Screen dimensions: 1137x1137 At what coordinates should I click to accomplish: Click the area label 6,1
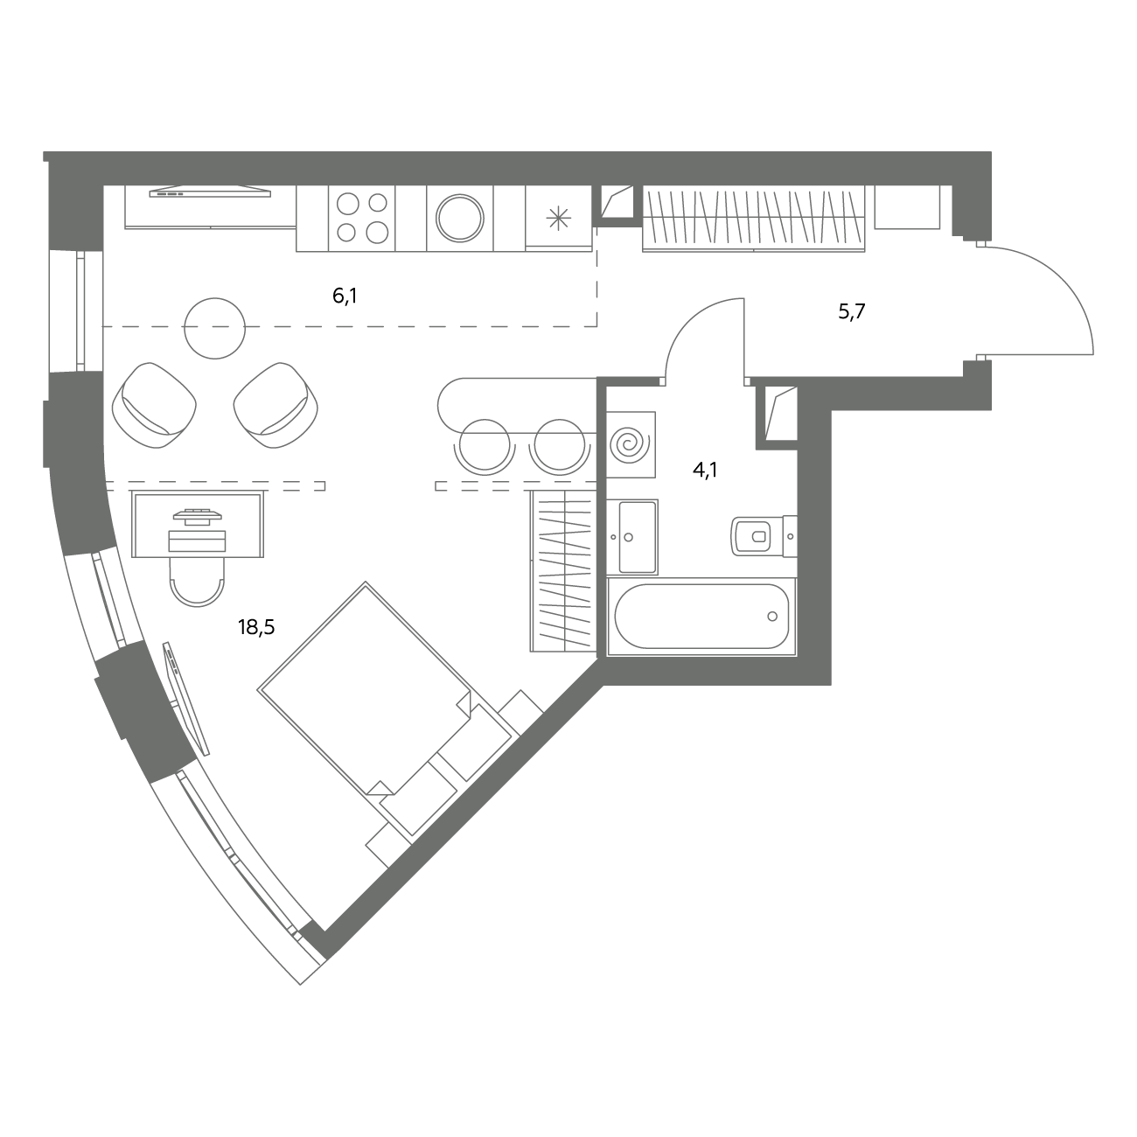(345, 296)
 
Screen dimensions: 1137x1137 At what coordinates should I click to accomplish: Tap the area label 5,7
(851, 311)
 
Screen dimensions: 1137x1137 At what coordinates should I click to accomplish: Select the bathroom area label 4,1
(705, 471)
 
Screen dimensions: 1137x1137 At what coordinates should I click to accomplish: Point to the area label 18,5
(256, 626)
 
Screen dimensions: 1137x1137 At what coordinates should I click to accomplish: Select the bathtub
(701, 616)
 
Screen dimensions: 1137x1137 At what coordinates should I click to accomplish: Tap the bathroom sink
(632, 536)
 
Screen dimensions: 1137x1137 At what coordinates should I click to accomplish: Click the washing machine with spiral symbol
(631, 444)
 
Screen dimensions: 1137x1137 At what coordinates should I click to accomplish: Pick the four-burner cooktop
(362, 219)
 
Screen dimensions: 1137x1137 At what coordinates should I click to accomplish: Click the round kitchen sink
(460, 219)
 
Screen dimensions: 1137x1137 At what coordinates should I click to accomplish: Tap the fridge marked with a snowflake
(559, 219)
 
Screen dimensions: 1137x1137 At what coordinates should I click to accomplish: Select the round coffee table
(215, 328)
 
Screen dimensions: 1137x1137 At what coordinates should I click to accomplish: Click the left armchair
(154, 405)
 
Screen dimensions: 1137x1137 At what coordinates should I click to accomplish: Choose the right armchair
(276, 405)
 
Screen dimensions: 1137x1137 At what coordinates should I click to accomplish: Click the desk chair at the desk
(197, 582)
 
